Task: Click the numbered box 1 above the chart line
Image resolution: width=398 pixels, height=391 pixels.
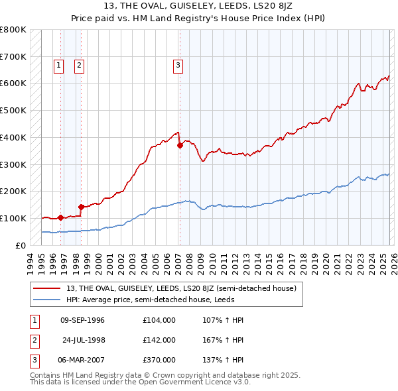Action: (59, 65)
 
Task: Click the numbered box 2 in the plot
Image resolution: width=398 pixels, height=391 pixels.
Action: (79, 65)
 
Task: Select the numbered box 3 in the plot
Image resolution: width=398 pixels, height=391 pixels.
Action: (178, 65)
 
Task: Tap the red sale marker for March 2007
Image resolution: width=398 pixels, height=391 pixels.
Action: (180, 145)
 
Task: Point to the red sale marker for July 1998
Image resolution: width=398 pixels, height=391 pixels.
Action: (81, 207)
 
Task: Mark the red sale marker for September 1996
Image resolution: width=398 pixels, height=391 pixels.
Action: (60, 217)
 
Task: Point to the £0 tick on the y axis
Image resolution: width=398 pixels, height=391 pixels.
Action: (21, 245)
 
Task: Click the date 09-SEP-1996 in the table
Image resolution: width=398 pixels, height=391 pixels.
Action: (83, 320)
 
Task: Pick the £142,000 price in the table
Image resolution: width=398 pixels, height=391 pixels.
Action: (159, 339)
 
